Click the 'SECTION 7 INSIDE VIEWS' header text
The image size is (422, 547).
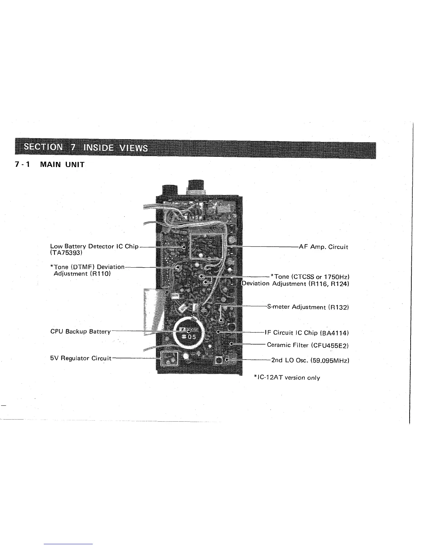point(86,148)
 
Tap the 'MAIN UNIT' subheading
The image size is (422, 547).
point(62,164)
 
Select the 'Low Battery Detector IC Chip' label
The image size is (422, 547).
point(94,246)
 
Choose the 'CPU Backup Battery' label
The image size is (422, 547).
point(80,332)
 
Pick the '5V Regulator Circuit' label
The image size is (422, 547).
point(81,358)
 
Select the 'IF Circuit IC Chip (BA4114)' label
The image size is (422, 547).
point(307,333)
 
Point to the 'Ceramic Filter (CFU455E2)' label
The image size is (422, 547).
point(308,345)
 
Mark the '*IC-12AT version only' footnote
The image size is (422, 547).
point(287,377)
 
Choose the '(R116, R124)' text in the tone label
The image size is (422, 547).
point(330,284)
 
